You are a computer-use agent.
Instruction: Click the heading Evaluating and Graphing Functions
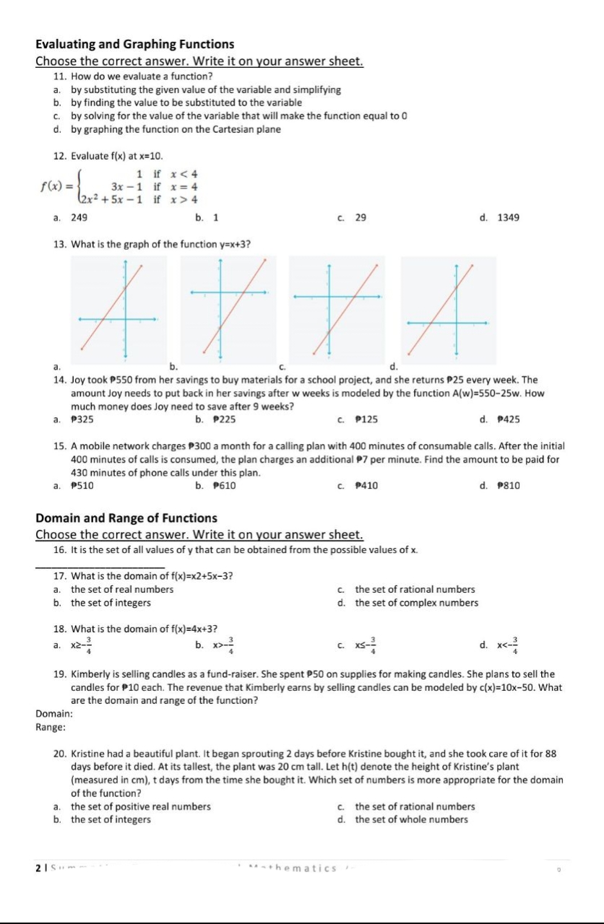click(135, 44)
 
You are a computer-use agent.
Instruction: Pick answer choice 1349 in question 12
click(508, 217)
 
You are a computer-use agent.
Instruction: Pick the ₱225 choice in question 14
click(225, 419)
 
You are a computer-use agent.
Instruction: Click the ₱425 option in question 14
click(509, 419)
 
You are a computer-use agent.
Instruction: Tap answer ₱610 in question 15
click(225, 486)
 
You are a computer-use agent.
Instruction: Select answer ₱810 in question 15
click(509, 486)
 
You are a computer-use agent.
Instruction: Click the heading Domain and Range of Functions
click(126, 518)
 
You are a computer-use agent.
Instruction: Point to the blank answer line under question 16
click(100, 566)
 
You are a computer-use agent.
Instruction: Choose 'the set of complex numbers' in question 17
click(416, 603)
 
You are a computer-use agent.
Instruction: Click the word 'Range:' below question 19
click(49, 727)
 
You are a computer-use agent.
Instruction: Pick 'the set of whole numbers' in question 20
click(411, 819)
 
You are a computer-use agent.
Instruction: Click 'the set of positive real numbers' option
click(140, 806)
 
